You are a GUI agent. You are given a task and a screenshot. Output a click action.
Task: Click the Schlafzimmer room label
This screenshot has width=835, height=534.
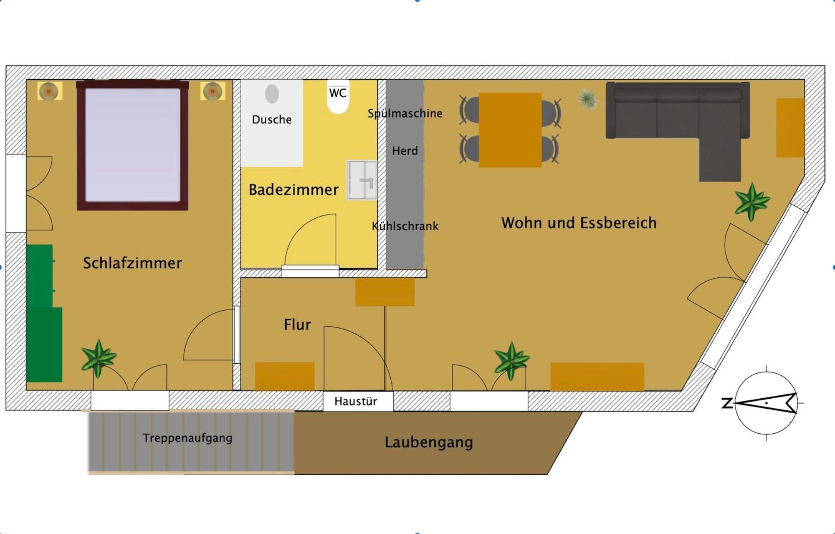pos(132,263)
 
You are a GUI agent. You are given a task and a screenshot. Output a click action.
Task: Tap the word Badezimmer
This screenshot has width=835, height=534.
pos(294,190)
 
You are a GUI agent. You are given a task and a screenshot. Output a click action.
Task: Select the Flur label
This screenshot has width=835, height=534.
pos(297,324)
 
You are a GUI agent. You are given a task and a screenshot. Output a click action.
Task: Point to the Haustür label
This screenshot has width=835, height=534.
pos(356,401)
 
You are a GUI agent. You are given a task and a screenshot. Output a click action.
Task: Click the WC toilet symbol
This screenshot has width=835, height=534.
pos(338,97)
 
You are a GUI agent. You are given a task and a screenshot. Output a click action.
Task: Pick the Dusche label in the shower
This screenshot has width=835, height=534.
pos(272,119)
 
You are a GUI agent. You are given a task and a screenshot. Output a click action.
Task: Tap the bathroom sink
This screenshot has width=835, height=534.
pos(362,180)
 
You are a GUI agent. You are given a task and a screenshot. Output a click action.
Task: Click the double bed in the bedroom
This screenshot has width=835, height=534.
pos(132,145)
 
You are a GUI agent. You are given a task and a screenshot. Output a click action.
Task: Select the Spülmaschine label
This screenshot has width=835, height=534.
pos(405,113)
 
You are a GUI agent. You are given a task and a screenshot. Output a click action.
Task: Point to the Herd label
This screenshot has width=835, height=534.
pos(405,151)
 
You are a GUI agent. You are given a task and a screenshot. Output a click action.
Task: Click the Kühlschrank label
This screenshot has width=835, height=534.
pos(405,226)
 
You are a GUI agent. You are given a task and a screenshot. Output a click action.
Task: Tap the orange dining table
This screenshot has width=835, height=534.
pos(510,130)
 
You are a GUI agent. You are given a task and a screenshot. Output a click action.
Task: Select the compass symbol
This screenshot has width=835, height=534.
pos(766,403)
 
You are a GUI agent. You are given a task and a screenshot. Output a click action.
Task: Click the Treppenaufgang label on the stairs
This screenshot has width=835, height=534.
pos(187,438)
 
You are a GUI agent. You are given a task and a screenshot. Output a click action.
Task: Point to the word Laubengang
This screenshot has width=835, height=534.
pos(429,442)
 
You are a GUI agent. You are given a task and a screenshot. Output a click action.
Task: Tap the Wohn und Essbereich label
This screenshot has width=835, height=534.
pos(579,223)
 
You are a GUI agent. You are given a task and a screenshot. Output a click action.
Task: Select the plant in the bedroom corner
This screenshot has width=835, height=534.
pos(99,358)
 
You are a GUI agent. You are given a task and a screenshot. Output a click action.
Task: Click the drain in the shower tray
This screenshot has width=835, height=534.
pos(272,94)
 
